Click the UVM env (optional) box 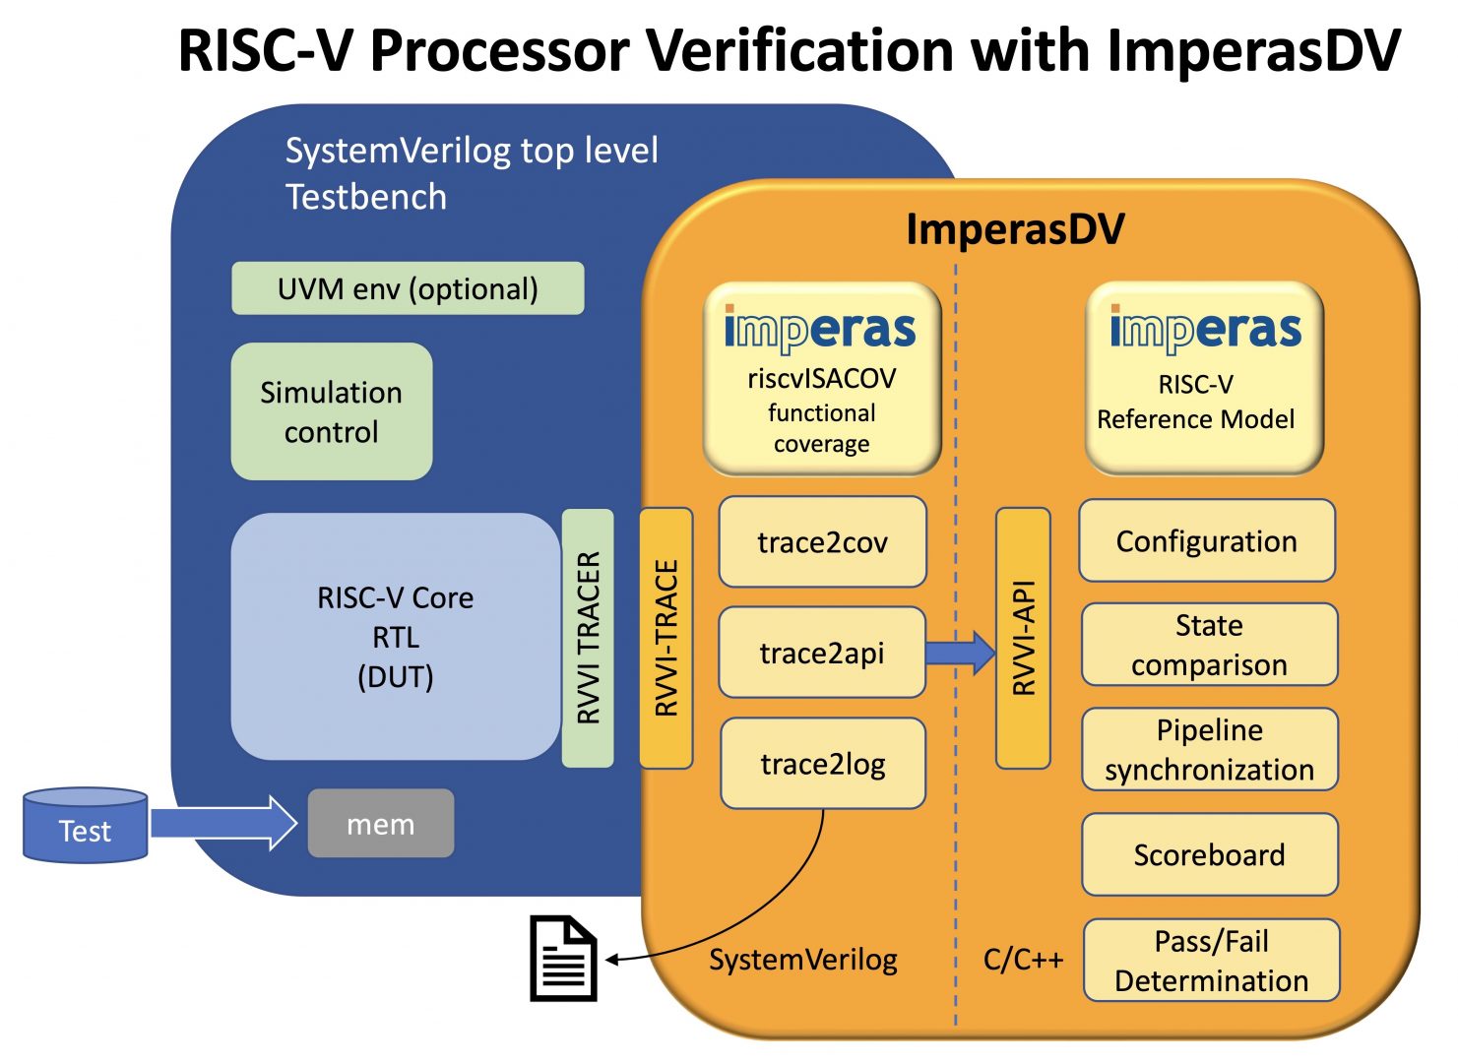[x=408, y=288]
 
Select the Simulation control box [x=332, y=411]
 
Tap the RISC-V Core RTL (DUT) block [x=395, y=637]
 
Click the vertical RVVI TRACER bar [x=588, y=638]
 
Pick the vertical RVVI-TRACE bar [x=666, y=638]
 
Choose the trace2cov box [x=822, y=542]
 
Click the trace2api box [x=822, y=653]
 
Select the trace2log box [x=823, y=764]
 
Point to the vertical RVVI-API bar [x=1023, y=638]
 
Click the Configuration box [x=1207, y=541]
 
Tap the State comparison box [x=1209, y=645]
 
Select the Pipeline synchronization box [x=1209, y=749]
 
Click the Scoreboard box [x=1209, y=854]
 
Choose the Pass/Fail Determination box [x=1211, y=961]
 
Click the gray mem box [x=381, y=823]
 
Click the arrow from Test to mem [x=222, y=823]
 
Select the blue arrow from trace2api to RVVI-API [x=960, y=652]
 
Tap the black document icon [x=564, y=959]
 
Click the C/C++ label [x=1023, y=960]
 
